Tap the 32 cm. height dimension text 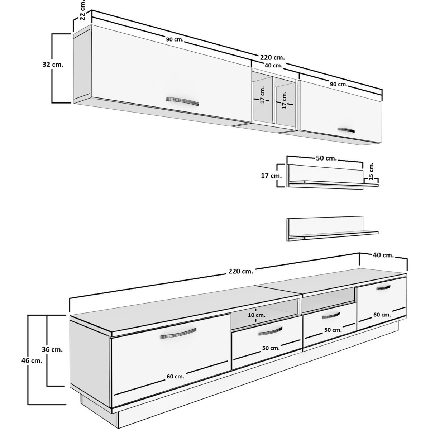click(53, 64)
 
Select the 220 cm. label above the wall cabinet click(272, 57)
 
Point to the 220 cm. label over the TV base click(241, 271)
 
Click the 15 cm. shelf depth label click(371, 171)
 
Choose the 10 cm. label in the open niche click(257, 315)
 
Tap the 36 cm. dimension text click(52, 349)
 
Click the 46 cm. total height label click(32, 367)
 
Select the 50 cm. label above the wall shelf click(326, 158)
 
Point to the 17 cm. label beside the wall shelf click(272, 176)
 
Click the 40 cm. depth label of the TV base click(383, 255)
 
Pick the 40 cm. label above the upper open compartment click(273, 66)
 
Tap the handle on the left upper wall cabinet click(182, 101)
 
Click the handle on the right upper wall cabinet click(346, 130)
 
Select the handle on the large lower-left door click(178, 333)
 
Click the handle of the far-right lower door click(383, 288)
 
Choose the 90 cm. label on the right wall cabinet click(339, 84)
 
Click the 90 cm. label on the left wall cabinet click(175, 39)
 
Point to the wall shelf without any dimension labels click(332, 230)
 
